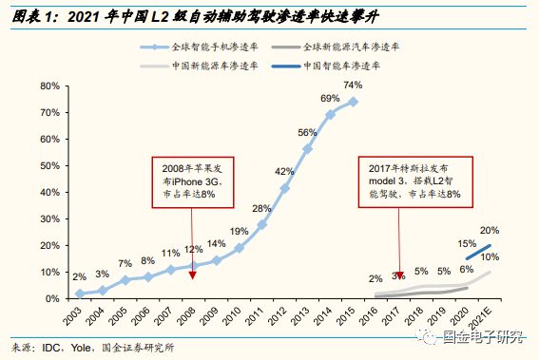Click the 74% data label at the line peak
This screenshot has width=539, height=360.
click(x=353, y=84)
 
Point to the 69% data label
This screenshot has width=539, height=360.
click(x=330, y=98)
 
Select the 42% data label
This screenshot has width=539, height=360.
click(x=283, y=171)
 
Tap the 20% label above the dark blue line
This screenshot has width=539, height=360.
click(x=490, y=231)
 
